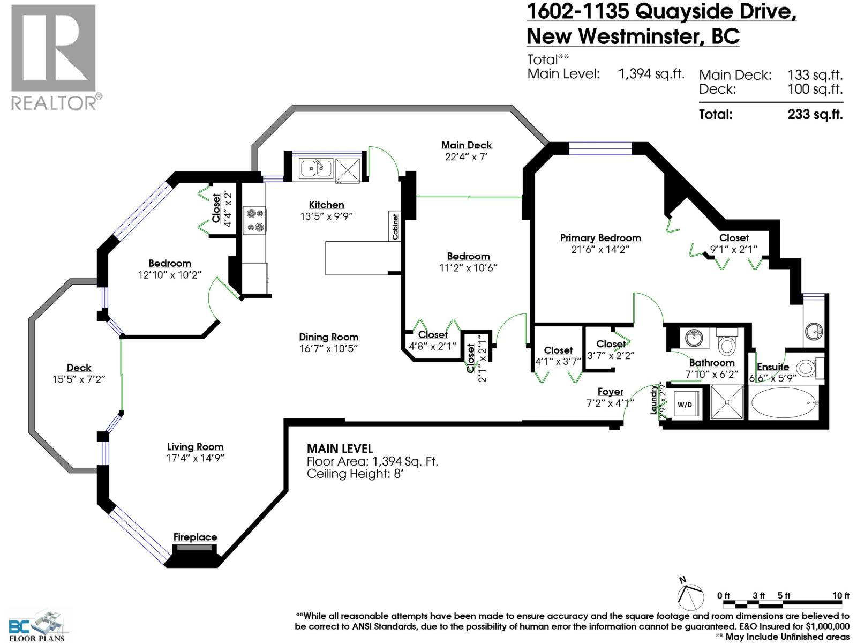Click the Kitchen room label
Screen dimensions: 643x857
point(326,205)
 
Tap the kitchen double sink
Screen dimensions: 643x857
point(316,168)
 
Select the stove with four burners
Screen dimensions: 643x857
point(254,220)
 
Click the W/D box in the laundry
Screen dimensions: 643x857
point(685,405)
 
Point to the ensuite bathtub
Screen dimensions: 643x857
point(783,403)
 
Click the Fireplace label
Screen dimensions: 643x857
point(195,537)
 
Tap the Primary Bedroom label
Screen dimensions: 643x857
point(600,237)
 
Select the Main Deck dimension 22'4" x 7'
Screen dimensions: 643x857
point(466,157)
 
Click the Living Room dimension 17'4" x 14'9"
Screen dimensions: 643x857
point(195,458)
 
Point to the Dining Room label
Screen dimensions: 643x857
point(328,337)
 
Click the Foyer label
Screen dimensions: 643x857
point(610,392)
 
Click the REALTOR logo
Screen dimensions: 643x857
point(54,56)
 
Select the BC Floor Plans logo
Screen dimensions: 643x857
point(37,626)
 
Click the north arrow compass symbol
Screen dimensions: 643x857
point(689,595)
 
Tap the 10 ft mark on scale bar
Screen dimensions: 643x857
point(840,596)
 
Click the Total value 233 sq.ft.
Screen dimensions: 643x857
point(815,114)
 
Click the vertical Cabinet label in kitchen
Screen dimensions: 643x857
point(395,226)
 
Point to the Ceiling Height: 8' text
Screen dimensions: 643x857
point(355,474)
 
